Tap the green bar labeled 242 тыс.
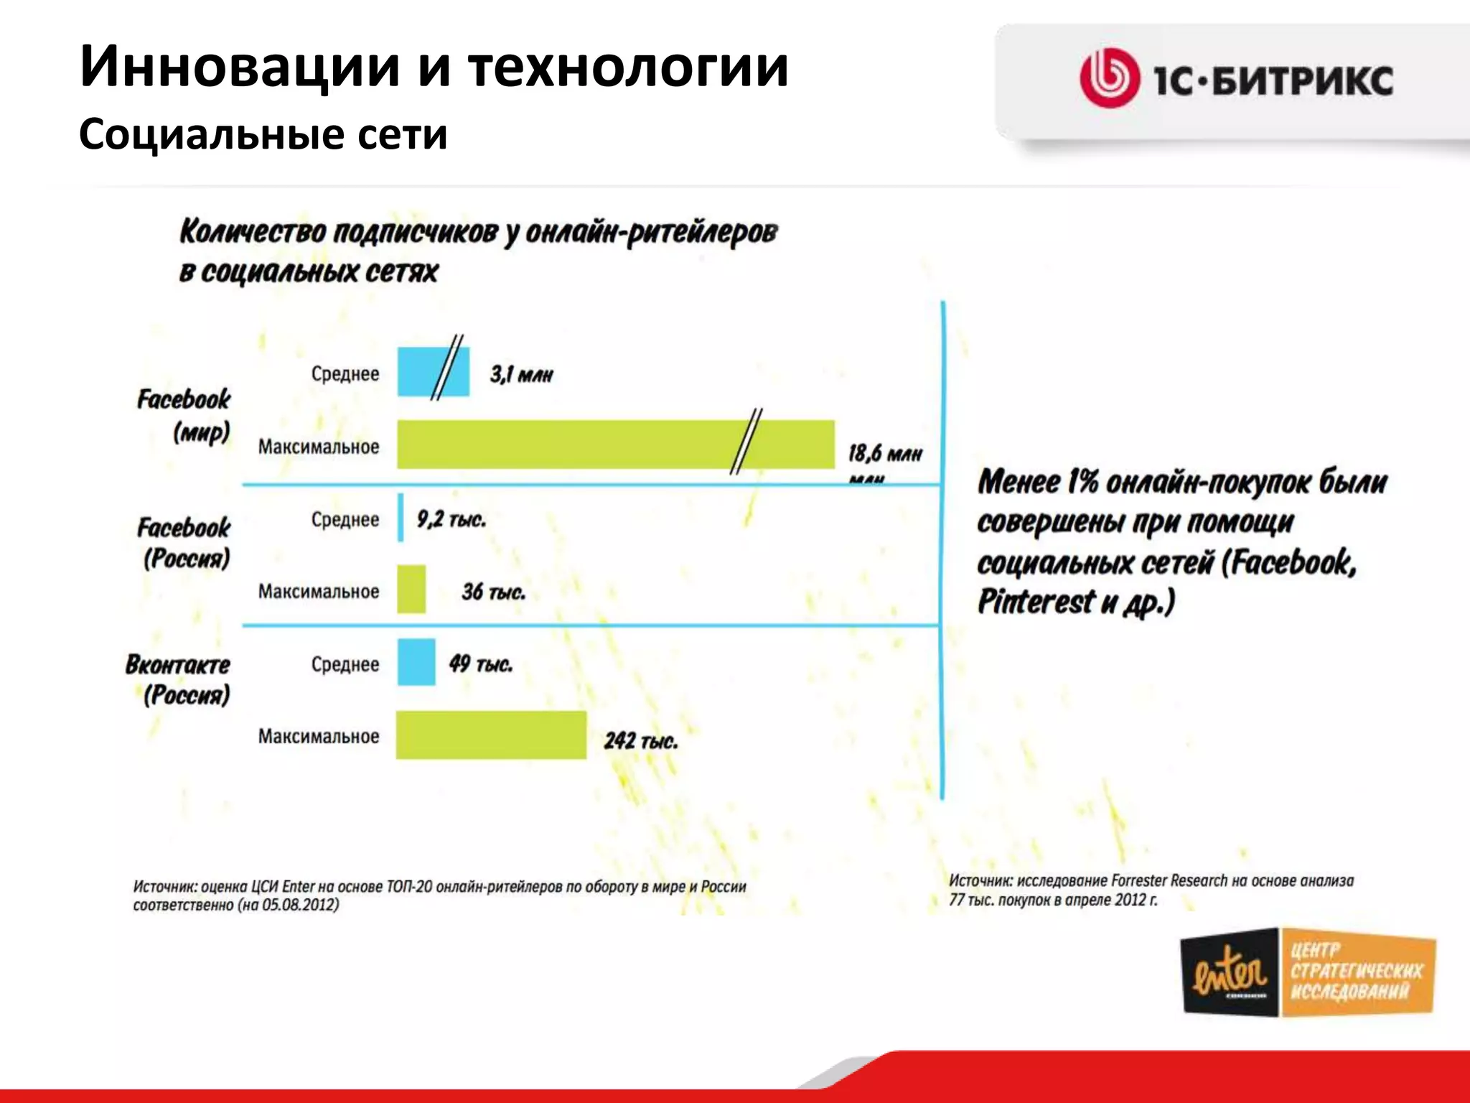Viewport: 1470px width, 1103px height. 491,735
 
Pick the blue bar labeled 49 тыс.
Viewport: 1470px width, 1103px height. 416,662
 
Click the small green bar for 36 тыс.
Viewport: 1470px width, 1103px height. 411,590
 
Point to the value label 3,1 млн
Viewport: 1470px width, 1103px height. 522,374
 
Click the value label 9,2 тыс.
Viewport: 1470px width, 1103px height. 451,518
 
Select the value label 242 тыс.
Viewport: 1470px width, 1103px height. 640,740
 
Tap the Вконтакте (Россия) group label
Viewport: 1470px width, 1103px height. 179,679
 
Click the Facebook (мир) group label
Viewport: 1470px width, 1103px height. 184,415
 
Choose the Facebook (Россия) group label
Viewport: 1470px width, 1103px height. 184,542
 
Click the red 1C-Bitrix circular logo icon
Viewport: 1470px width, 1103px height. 1110,78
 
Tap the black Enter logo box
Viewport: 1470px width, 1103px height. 1230,973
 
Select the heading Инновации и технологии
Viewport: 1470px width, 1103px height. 434,67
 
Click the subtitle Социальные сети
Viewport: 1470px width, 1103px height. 263,134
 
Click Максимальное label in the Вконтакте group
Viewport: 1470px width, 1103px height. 319,736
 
